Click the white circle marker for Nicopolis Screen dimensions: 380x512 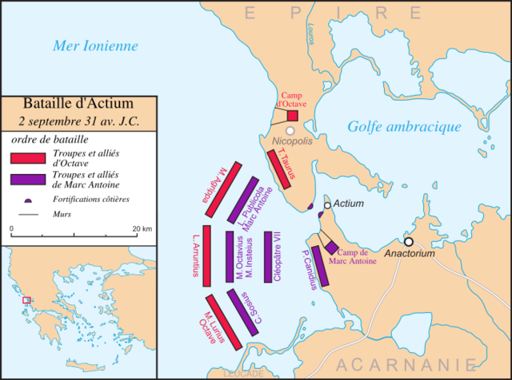coord(290,130)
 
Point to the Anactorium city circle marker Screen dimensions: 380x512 coord(409,241)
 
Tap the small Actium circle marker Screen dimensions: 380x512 coord(326,206)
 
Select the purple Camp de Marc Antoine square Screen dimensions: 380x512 coord(331,248)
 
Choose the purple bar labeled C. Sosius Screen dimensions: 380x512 coord(244,311)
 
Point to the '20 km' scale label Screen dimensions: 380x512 coord(142,229)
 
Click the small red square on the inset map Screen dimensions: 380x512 coord(26,300)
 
